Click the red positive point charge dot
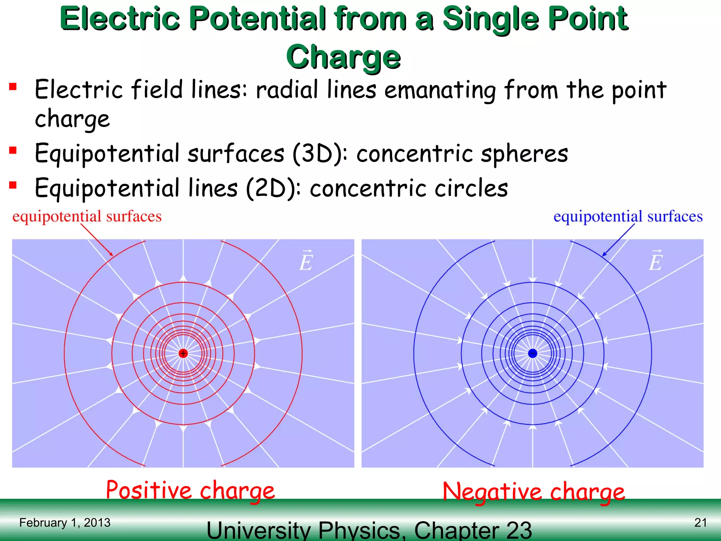[x=183, y=353]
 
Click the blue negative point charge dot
[x=533, y=353]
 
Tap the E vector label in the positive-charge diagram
[x=306, y=261]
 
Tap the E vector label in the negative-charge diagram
[x=656, y=261]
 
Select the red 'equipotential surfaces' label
[x=87, y=216]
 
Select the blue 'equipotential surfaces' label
[x=628, y=216]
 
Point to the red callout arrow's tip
[x=112, y=255]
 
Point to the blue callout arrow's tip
[x=603, y=255]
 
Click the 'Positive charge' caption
[x=190, y=490]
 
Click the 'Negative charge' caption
[x=534, y=492]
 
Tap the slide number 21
[x=701, y=522]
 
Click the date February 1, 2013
[x=65, y=523]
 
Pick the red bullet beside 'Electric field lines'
[x=13, y=87]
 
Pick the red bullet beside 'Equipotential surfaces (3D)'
[x=13, y=151]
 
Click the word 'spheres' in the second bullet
[x=525, y=154]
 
